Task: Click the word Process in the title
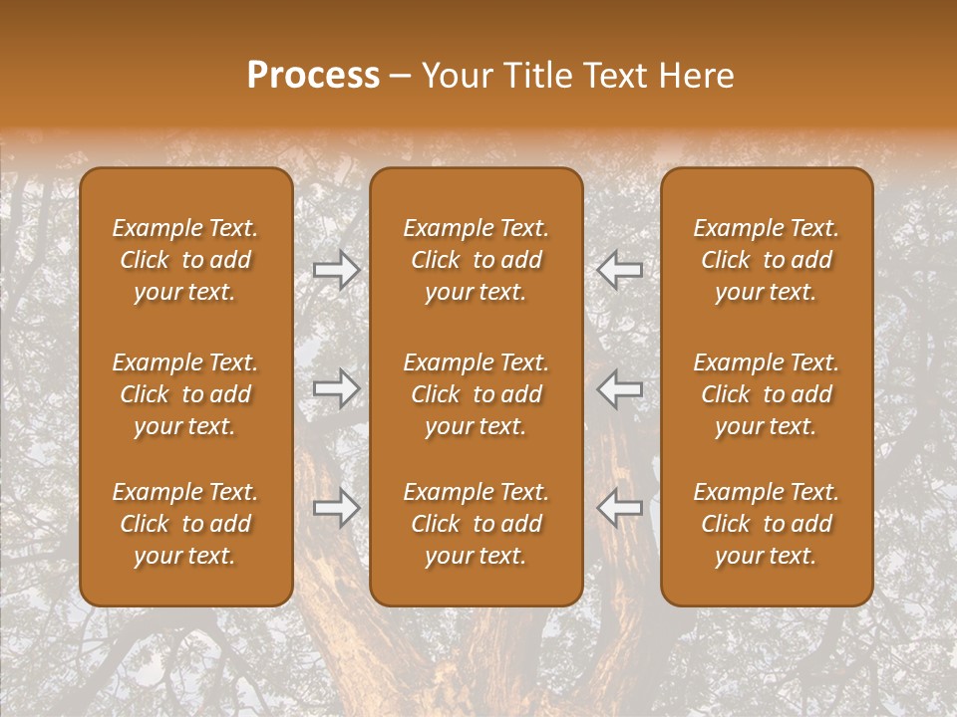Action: pos(313,76)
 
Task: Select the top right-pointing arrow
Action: pos(337,269)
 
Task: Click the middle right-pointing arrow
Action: pos(337,388)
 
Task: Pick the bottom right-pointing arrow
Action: pos(337,507)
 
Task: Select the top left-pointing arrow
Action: pos(619,269)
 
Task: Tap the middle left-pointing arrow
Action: pos(619,388)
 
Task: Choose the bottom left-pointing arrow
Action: pos(619,507)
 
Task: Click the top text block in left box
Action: pos(185,260)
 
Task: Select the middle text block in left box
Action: pos(185,394)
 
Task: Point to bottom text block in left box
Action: pos(185,524)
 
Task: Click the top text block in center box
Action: pos(477,260)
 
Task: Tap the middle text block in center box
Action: pos(477,394)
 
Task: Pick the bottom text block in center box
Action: pos(477,524)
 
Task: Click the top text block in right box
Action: pos(767,260)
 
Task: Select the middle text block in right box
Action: pos(767,394)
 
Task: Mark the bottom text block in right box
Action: pos(767,524)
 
